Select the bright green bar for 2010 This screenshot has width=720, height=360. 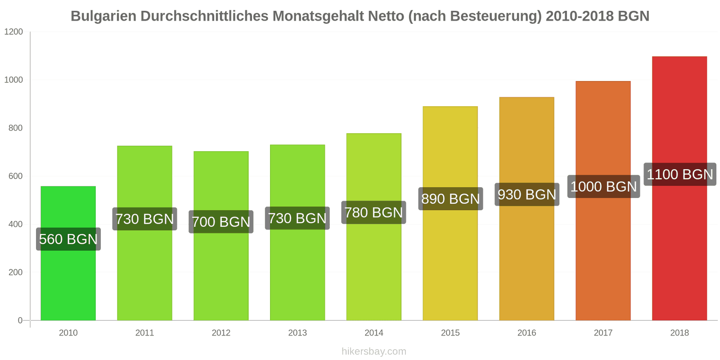coord(68,283)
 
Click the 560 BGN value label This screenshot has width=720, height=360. coord(68,239)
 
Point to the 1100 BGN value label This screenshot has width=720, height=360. coord(679,174)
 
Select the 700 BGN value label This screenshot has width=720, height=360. coord(221,222)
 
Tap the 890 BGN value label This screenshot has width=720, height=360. coord(450,199)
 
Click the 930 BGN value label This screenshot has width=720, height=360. coord(527,194)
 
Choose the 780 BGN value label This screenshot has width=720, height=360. coord(373,212)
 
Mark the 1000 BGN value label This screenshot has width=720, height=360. coord(603,186)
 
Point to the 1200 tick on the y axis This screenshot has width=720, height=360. coord(13,32)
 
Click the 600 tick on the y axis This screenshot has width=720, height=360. coord(15,176)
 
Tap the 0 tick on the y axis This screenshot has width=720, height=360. coord(20,320)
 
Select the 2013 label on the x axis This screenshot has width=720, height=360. coord(297,333)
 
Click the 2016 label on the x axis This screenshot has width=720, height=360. coord(526,333)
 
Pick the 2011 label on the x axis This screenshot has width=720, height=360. coord(144,333)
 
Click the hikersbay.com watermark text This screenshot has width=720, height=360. coord(373,351)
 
